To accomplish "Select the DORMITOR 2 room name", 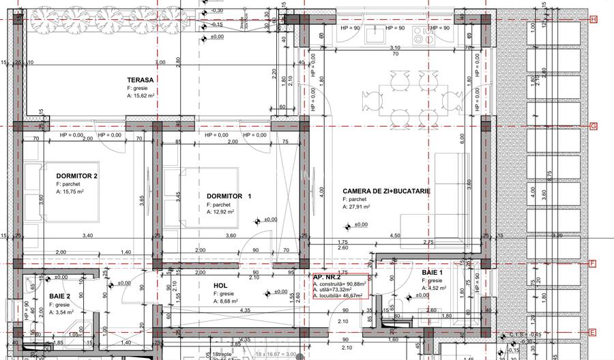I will click(x=77, y=176).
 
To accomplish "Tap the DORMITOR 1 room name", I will click(x=229, y=196).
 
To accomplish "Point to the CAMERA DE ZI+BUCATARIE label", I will click(x=386, y=192).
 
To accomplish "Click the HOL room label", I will click(x=220, y=286).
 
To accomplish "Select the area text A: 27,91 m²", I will click(x=356, y=207).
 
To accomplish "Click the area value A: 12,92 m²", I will click(x=220, y=212).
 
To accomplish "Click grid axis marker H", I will click(x=593, y=19).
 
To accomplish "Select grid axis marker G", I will click(x=593, y=126).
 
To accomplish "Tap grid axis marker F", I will click(x=593, y=263).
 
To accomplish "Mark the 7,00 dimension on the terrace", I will click(x=160, y=63).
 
